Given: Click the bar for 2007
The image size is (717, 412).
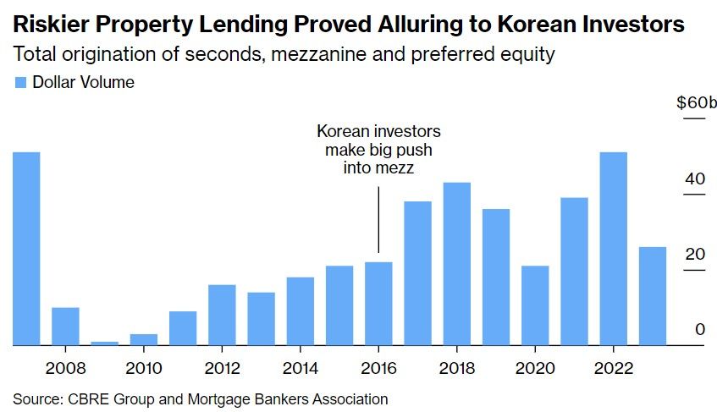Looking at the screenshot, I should (26, 249).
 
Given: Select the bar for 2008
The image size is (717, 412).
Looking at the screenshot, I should (65, 327).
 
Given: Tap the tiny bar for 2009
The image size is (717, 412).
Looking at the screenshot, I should (104, 343).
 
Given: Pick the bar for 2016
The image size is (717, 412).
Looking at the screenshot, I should (378, 304).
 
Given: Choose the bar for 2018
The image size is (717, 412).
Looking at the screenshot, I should (457, 264).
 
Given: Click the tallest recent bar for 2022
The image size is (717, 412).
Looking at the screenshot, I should (613, 249).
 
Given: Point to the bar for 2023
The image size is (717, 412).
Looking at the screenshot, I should (652, 296).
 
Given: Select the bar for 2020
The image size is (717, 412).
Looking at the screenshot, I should (535, 305).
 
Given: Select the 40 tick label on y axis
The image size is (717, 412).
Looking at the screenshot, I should (695, 179).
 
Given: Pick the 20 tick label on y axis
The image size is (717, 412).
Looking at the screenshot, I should (695, 255).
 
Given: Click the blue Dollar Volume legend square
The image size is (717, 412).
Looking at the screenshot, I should (20, 83).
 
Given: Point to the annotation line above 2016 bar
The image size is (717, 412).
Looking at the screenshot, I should (378, 220).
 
